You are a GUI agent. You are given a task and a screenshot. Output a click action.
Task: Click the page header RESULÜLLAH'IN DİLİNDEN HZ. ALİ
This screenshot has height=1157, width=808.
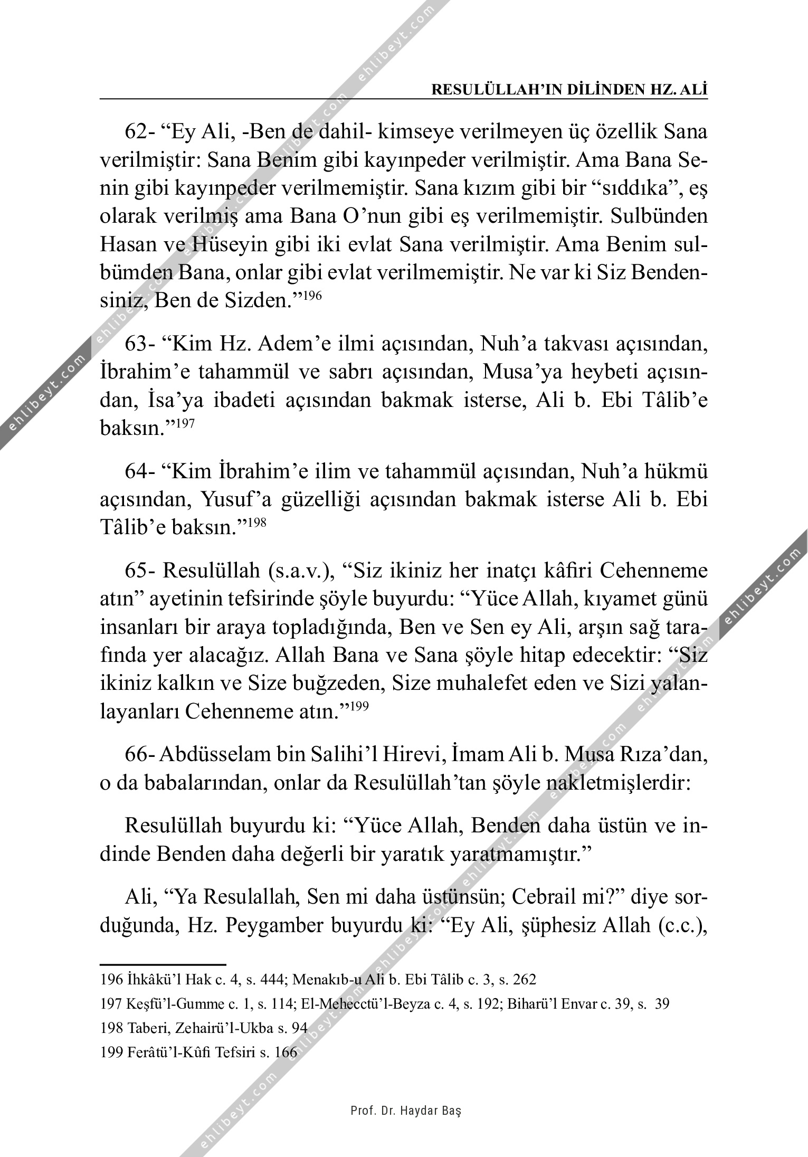pos(569,89)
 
